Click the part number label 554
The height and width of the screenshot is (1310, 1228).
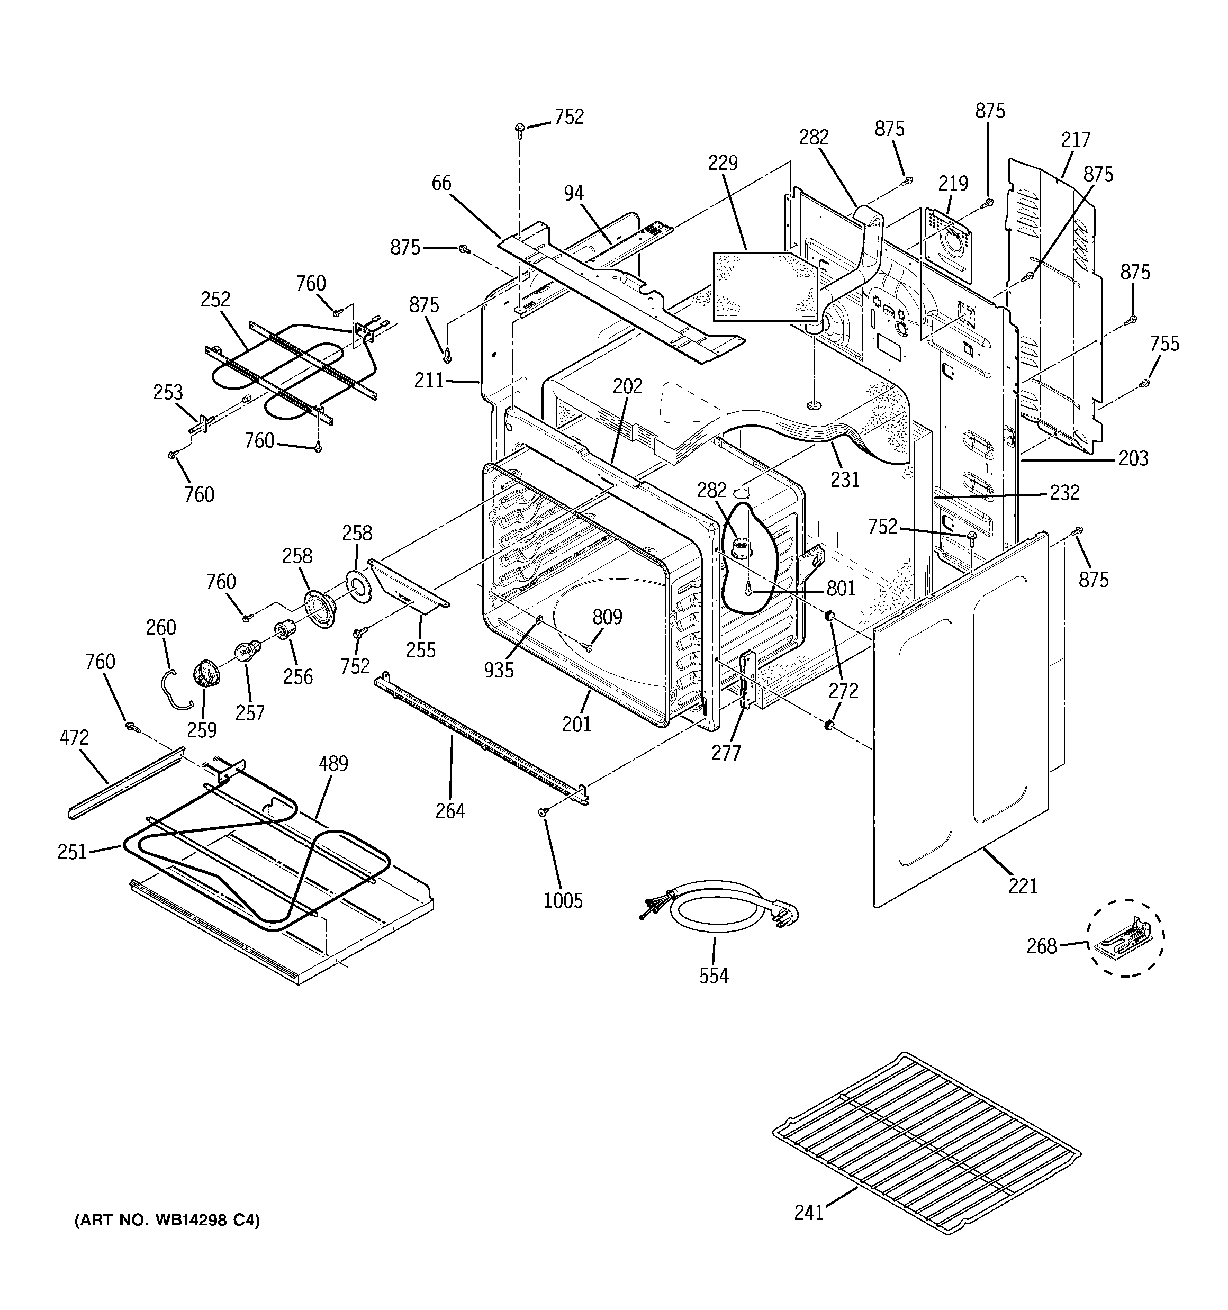[714, 975]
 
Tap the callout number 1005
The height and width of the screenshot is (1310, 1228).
[563, 900]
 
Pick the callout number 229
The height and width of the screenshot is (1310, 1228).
[723, 163]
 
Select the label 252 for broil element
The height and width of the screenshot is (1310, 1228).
[215, 299]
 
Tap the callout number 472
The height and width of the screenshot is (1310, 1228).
[75, 737]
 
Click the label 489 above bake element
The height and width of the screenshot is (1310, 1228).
[333, 764]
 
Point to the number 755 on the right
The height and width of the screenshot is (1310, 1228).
[1164, 344]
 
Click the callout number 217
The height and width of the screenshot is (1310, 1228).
[1076, 140]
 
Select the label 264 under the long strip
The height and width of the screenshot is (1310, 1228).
[450, 810]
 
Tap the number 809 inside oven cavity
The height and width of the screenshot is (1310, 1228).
[607, 617]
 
